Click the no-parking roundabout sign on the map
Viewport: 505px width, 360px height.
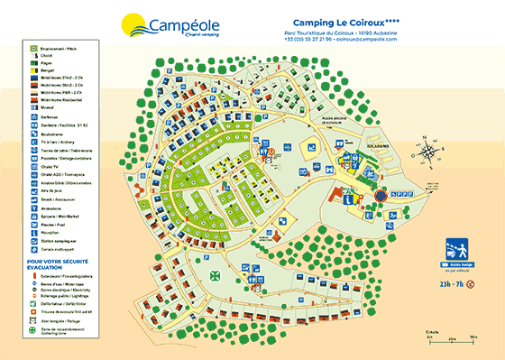pyautogui.click(x=381, y=193)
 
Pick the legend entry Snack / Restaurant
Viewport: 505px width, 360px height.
pyautogui.click(x=57, y=197)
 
